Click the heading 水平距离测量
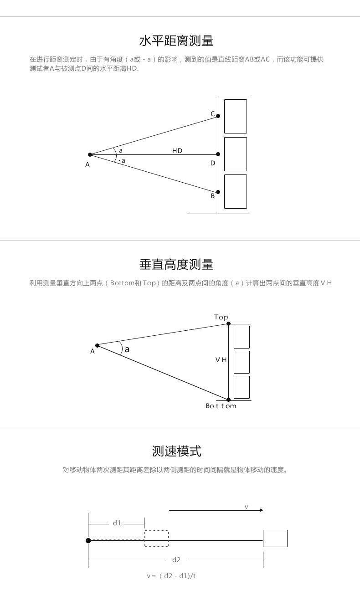pos(176,41)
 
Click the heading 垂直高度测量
pos(176,265)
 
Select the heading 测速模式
pos(176,451)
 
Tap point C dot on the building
pos(218,116)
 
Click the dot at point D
pos(218,154)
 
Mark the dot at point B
pos(218,192)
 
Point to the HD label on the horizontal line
pos(177,151)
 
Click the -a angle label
pos(122,161)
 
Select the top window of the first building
pos(235,116)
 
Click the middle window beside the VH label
pos(242,362)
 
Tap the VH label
pos(221,360)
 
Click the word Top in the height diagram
pos(221,318)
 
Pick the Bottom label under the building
pos(221,406)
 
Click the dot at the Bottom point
pos(229,400)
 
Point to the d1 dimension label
pos(117,523)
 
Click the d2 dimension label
pos(176,560)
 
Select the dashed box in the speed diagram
pos(156,538)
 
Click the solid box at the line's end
pos(275,538)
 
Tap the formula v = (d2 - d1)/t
pos(171,576)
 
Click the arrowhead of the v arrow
pos(262,510)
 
